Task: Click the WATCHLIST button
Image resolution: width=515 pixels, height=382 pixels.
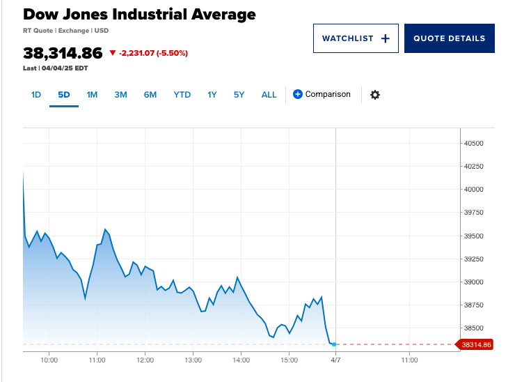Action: (x=355, y=38)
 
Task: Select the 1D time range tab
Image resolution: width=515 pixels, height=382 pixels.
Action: (x=36, y=95)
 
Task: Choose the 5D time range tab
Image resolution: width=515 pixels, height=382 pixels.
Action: (x=64, y=95)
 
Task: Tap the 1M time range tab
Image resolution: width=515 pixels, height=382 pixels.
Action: (x=92, y=95)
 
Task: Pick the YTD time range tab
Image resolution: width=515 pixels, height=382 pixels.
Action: (x=182, y=95)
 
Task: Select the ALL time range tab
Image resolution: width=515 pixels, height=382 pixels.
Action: (x=269, y=95)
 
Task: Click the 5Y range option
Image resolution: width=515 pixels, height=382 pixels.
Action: (x=239, y=95)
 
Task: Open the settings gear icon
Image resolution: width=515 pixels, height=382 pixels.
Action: (x=375, y=95)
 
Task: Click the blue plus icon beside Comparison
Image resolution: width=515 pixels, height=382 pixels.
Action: (x=298, y=94)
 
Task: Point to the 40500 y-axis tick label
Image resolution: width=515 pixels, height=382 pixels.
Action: (x=473, y=144)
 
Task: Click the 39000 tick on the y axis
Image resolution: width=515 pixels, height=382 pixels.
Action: (x=473, y=282)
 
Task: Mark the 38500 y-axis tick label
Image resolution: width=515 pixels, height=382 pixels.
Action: (x=473, y=328)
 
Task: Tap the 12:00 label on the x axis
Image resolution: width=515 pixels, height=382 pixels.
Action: (x=145, y=360)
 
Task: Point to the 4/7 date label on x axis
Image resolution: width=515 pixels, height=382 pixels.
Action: (x=335, y=360)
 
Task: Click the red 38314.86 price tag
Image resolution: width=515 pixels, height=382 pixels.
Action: (x=475, y=344)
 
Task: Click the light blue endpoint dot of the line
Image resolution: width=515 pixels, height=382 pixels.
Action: (x=334, y=344)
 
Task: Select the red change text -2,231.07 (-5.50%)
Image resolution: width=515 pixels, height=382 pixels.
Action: (x=153, y=53)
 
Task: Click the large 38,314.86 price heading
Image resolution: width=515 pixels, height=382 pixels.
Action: (x=63, y=53)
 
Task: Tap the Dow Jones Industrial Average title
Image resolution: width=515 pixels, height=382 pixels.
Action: (x=139, y=14)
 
